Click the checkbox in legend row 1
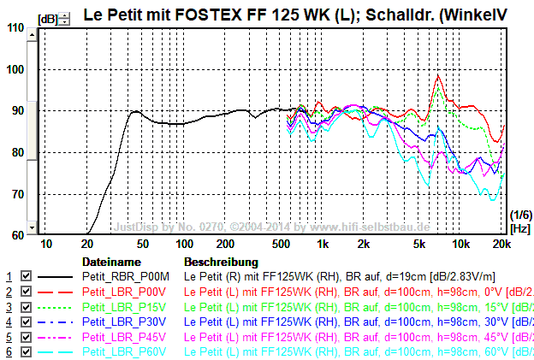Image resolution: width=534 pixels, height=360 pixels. (x=26, y=277)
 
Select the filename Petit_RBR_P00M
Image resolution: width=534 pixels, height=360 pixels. (x=120, y=277)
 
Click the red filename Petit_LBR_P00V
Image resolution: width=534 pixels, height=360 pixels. (x=119, y=292)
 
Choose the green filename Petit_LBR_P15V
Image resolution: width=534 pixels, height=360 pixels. (x=119, y=307)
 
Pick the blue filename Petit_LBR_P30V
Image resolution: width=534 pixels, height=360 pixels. (x=119, y=322)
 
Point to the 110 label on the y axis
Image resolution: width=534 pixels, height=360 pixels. (x=15, y=27)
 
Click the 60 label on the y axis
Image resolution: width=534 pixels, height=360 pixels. (x=17, y=235)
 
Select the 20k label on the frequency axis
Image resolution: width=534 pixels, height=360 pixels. (x=501, y=245)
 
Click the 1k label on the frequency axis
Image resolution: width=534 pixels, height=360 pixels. (x=322, y=245)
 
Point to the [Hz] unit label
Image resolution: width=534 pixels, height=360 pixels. (x=519, y=228)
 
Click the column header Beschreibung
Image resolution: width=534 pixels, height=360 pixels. (x=221, y=262)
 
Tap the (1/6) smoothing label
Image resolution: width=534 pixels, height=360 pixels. (x=519, y=214)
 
